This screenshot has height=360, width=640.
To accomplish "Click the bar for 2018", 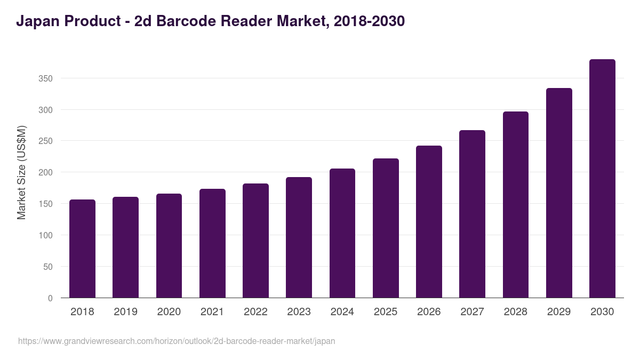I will click(x=82, y=249).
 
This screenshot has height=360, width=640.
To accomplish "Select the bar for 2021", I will click(x=212, y=243).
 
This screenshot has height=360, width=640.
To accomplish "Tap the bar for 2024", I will click(x=342, y=233).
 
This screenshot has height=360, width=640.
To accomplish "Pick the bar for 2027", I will click(x=472, y=214).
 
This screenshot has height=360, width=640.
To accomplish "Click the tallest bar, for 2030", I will click(x=602, y=179).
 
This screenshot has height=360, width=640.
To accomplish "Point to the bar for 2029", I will click(x=559, y=193).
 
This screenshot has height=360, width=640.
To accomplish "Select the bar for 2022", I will click(x=255, y=241).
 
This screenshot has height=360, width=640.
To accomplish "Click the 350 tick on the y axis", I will click(x=46, y=78).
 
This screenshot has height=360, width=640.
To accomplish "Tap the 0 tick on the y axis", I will click(x=50, y=298).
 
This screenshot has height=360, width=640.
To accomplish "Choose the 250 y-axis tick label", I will click(x=46, y=141).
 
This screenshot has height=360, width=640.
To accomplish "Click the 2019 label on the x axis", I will click(x=125, y=312).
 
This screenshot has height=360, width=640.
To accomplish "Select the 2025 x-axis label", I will click(x=386, y=312).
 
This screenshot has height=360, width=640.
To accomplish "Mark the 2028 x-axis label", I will click(x=516, y=312).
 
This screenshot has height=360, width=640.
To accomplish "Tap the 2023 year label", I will click(x=299, y=312).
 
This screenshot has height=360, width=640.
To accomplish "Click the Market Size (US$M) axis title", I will click(x=21, y=172).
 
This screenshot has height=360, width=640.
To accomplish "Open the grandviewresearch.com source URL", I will click(x=177, y=341).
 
